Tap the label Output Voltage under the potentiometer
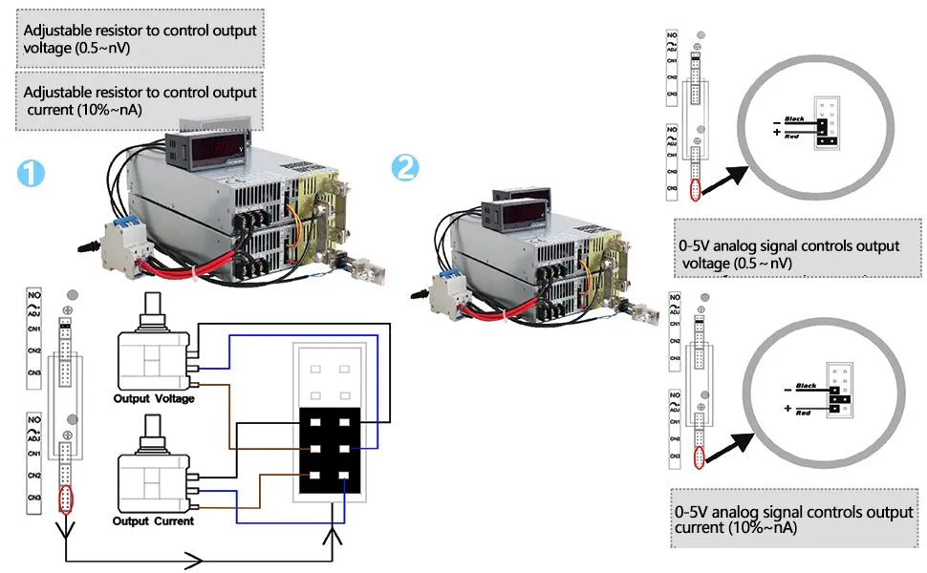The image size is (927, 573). (x=154, y=398)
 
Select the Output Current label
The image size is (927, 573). (x=153, y=521)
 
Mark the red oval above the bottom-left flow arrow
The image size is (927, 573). (x=65, y=499)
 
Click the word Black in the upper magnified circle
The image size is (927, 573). (x=793, y=119)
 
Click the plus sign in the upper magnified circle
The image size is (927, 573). (x=777, y=132)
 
